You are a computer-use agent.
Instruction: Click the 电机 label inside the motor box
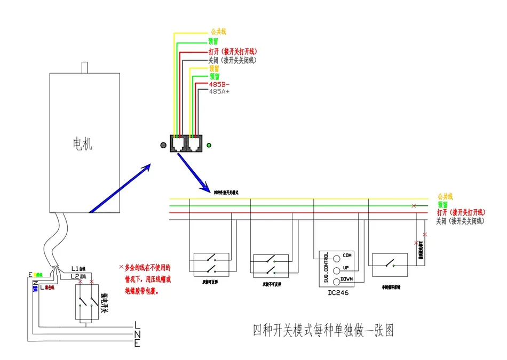pos(82,143)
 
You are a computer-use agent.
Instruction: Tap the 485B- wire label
pos(220,84)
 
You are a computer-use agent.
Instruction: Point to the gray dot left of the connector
pos(163,145)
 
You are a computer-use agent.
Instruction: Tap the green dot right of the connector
pos(209,145)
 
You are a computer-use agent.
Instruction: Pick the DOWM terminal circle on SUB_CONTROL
pos(336,281)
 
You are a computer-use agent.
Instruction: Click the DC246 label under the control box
pos(338,293)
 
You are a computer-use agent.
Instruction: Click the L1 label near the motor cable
pos(75,268)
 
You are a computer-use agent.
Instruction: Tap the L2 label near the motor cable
pos(75,276)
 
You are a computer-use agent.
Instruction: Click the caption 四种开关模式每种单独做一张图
pos(323,331)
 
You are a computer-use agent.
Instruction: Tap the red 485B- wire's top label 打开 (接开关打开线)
pos(233,52)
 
